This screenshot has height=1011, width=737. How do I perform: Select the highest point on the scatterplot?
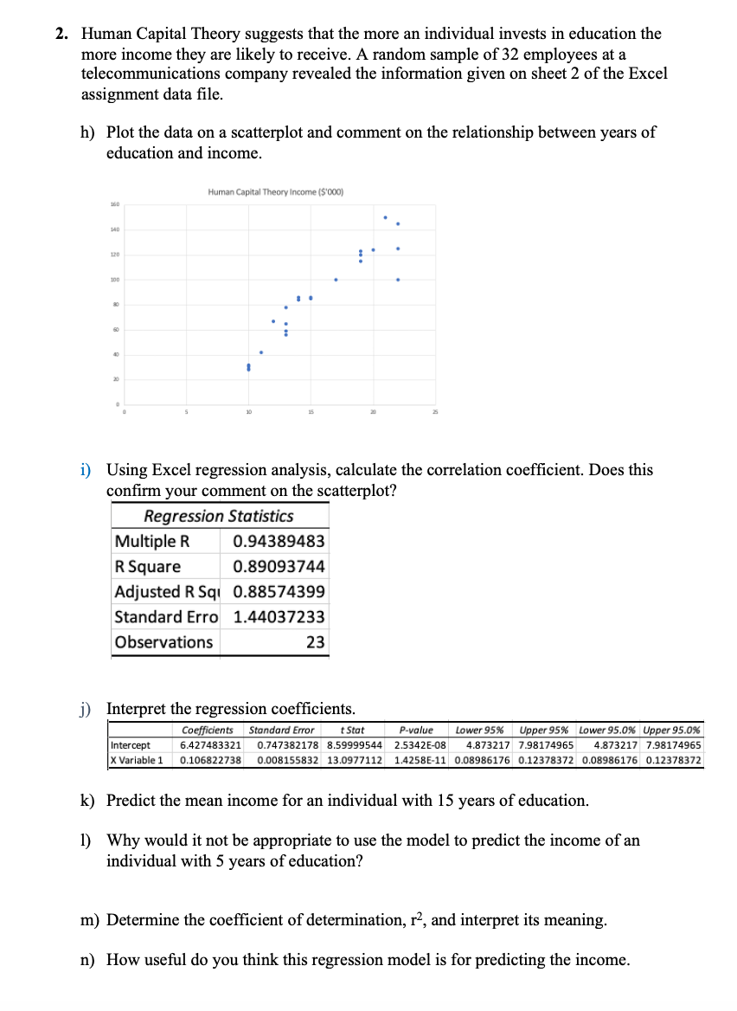(385, 216)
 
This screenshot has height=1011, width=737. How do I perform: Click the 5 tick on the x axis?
(184, 414)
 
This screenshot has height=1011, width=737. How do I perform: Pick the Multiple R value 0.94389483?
(279, 542)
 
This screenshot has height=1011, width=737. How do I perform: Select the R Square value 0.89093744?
(279, 567)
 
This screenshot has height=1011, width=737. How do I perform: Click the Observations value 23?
(316, 642)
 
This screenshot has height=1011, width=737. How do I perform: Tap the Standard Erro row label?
(165, 617)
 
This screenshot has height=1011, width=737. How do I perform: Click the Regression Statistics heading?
(218, 517)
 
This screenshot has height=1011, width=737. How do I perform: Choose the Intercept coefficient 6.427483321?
(210, 745)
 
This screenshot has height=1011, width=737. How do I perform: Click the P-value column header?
(416, 731)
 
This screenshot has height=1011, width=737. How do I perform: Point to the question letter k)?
(87, 801)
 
